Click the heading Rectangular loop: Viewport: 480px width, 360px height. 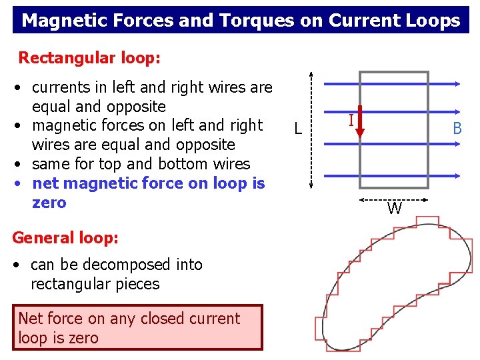(89, 58)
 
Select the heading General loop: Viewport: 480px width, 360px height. (65, 237)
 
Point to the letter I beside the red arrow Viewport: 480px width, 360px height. (351, 121)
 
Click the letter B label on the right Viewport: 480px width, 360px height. (457, 129)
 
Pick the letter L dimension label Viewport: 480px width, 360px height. (298, 129)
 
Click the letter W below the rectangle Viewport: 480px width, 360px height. (394, 209)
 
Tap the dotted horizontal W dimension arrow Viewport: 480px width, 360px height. (393, 200)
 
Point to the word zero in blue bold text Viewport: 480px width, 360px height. (49, 203)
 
